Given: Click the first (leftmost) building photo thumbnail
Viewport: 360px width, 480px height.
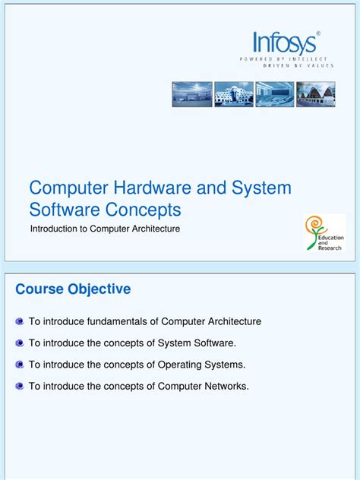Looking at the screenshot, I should [192, 94].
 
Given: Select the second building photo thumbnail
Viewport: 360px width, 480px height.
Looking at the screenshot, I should [233, 94].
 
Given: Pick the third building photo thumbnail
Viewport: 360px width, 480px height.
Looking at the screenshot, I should [274, 94].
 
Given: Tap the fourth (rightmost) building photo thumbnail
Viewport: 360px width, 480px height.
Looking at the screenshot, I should [315, 94].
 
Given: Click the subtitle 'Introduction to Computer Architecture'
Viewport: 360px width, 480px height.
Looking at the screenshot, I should [105, 229].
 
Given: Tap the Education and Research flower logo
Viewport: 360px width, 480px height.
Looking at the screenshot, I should [324, 232].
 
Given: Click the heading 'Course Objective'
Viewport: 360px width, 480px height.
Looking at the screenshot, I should [73, 289].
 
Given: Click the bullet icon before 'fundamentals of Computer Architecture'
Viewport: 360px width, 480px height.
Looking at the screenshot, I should [20, 322].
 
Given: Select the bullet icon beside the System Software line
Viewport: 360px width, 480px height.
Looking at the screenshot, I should [20, 343].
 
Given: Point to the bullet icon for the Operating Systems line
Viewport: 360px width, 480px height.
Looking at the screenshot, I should [20, 365].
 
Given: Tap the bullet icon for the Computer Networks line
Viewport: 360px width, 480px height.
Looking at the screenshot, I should [20, 387].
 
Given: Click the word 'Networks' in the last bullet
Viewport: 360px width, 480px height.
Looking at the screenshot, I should [225, 386].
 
